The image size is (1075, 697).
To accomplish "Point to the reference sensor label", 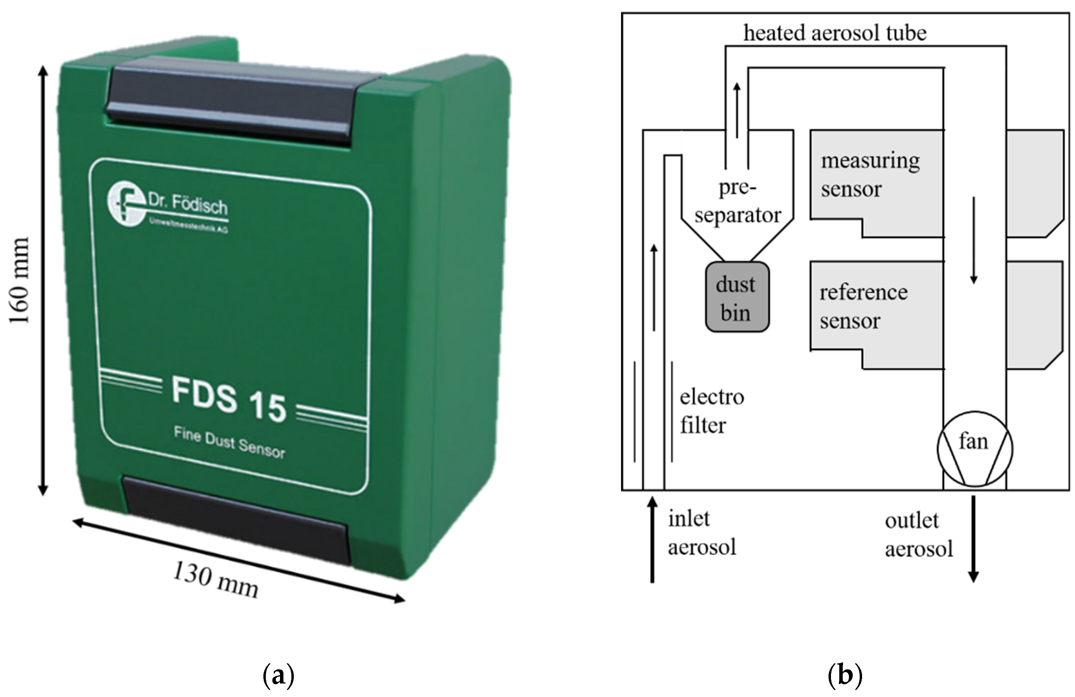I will pyautogui.click(x=863, y=306).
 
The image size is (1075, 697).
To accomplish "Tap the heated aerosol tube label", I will pyautogui.click(x=835, y=33).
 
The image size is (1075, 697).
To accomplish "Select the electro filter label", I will pyautogui.click(x=711, y=411).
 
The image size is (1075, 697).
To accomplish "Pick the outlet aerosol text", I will pyautogui.click(x=918, y=535).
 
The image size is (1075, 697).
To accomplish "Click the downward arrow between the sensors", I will pyautogui.click(x=973, y=240).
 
